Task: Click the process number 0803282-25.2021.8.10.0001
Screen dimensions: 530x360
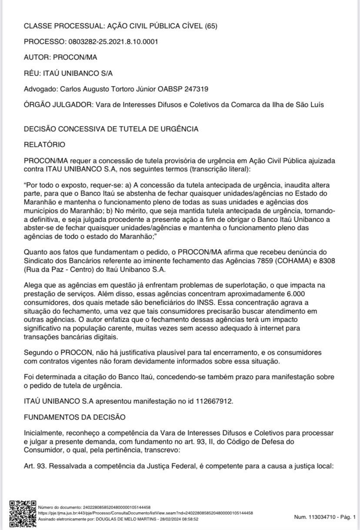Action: click(111, 42)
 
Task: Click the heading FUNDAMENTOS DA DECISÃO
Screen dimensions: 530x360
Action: click(74, 417)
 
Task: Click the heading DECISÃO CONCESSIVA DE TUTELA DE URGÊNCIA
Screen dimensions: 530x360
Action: click(111, 129)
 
